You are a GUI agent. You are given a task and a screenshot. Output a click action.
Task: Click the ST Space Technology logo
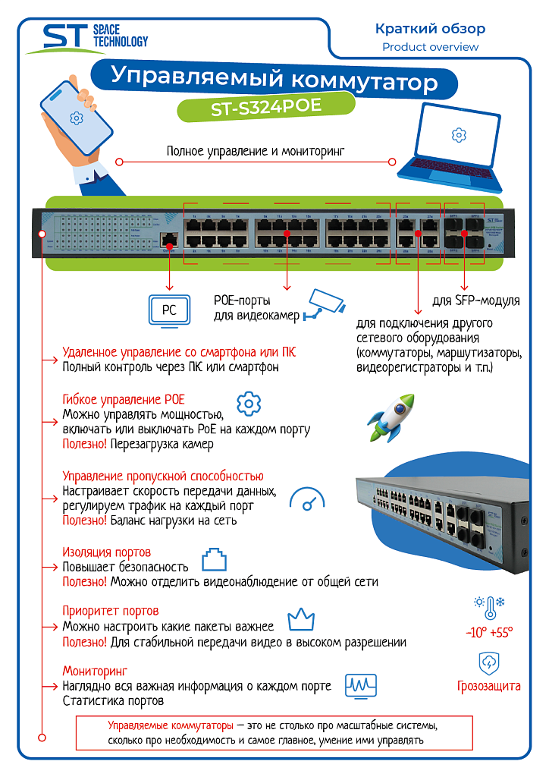tap(86, 38)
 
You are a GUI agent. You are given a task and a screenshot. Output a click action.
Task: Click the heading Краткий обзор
tap(430, 29)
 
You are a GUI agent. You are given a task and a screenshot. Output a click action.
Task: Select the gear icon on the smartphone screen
tap(75, 118)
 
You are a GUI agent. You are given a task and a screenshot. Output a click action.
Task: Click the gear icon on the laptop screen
tap(458, 135)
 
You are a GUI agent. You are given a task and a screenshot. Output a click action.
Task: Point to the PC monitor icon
tap(168, 310)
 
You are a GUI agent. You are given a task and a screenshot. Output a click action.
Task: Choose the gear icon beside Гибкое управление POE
tap(249, 404)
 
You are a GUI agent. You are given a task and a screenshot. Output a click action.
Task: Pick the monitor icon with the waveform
tap(361, 685)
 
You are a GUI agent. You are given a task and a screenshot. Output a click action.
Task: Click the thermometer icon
tap(489, 606)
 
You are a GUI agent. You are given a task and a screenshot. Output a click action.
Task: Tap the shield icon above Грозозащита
tap(488, 662)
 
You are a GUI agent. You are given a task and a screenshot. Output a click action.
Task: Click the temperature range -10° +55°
tap(489, 631)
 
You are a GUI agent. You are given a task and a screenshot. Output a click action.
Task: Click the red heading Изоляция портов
tap(106, 552)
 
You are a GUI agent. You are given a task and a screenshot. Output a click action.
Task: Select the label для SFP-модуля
tap(475, 301)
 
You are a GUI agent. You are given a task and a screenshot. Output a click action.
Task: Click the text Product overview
tap(430, 47)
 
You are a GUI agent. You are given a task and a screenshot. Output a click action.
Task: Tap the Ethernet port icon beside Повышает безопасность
tap(215, 561)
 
